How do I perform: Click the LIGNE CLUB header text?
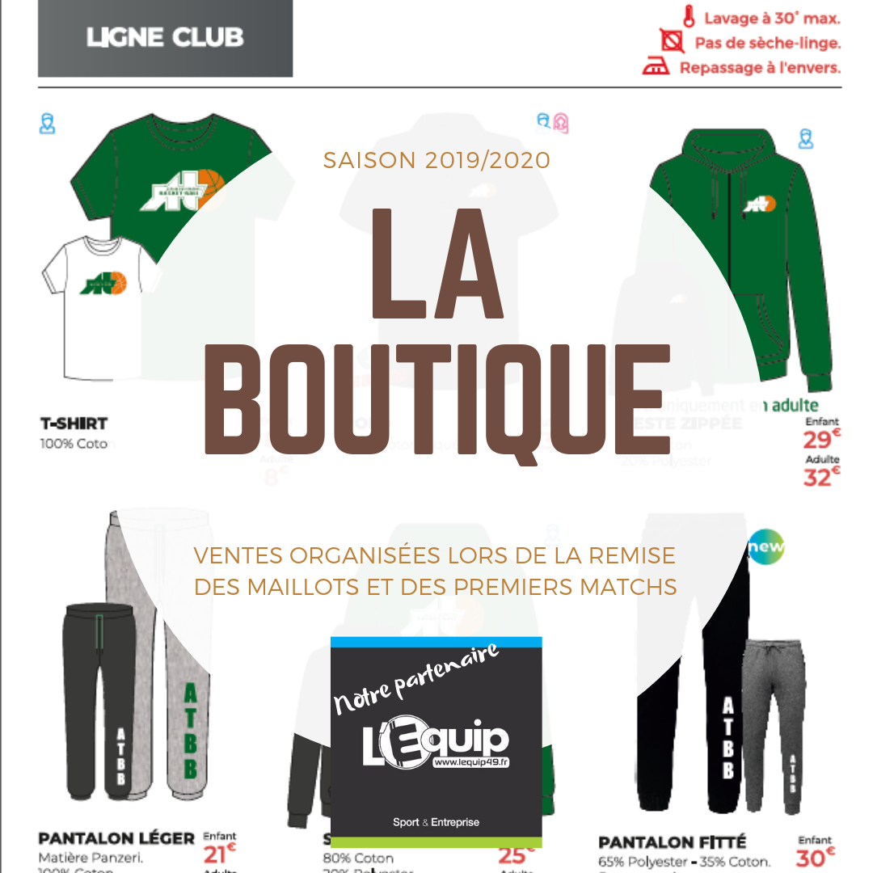pyautogui.click(x=165, y=38)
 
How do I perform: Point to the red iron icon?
pyautogui.click(x=656, y=67)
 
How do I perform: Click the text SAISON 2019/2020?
pyautogui.click(x=436, y=160)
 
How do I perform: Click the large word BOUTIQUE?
pyautogui.click(x=436, y=402)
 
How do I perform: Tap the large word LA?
pyautogui.click(x=437, y=263)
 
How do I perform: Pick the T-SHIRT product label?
pyautogui.click(x=74, y=424)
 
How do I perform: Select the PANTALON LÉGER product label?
pyautogui.click(x=116, y=838)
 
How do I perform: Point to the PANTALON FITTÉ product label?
pyautogui.click(x=673, y=843)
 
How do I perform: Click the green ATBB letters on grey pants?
pyautogui.click(x=190, y=731)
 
